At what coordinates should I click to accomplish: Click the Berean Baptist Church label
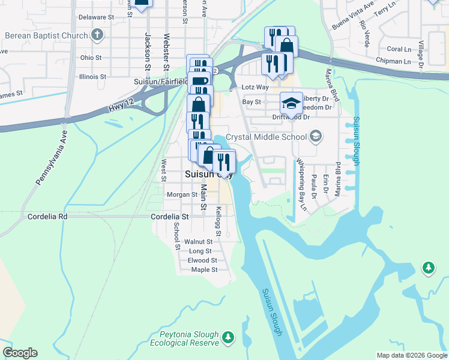[46, 35]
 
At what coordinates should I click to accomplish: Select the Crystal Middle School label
[268, 137]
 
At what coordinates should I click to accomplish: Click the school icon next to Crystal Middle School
[315, 137]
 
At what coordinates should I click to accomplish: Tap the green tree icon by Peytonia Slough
[228, 338]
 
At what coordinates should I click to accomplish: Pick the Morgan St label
[182, 194]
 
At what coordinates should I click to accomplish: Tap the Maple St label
[203, 270]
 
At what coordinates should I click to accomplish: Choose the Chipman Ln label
[393, 61]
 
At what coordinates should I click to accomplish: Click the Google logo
[20, 353]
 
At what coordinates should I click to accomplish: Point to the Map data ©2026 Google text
[412, 355]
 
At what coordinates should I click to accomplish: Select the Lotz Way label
[255, 87]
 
